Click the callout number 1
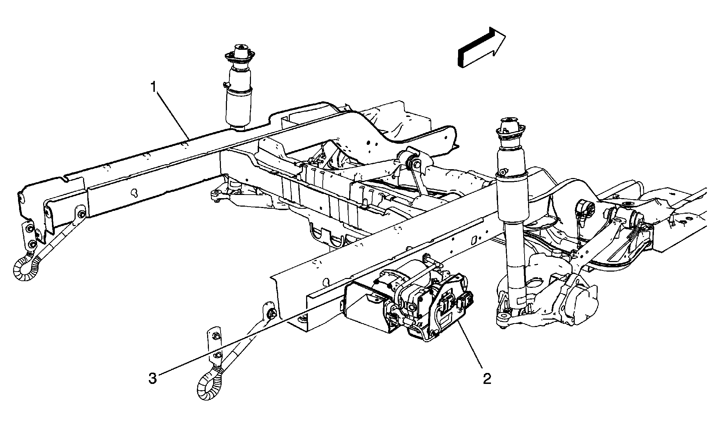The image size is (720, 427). click(x=153, y=87)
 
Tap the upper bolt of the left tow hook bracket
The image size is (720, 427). click(x=81, y=214)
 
